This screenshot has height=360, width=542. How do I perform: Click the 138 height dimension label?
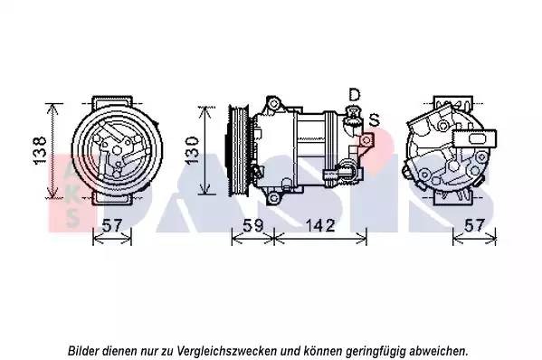pyautogui.click(x=41, y=150)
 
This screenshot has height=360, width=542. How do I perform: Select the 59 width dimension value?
pyautogui.click(x=253, y=225)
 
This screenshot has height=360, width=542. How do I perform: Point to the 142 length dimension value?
pyautogui.click(x=319, y=225)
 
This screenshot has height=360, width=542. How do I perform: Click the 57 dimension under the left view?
pyautogui.click(x=113, y=225)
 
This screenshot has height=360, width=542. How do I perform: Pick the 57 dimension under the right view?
pyautogui.click(x=473, y=225)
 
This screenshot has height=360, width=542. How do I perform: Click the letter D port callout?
pyautogui.click(x=355, y=95)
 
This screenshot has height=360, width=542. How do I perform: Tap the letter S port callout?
pyautogui.click(x=375, y=119)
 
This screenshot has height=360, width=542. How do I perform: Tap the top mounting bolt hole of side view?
pyautogui.click(x=273, y=103)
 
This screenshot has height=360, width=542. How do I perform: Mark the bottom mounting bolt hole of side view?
pyautogui.click(x=273, y=198)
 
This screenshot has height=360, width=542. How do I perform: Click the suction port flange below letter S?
pyautogui.click(x=366, y=140)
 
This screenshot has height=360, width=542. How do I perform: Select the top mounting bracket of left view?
pyautogui.click(x=113, y=102)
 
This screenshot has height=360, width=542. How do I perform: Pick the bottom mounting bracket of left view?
pyautogui.click(x=113, y=198)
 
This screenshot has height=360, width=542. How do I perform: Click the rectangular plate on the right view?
pyautogui.click(x=474, y=139)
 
